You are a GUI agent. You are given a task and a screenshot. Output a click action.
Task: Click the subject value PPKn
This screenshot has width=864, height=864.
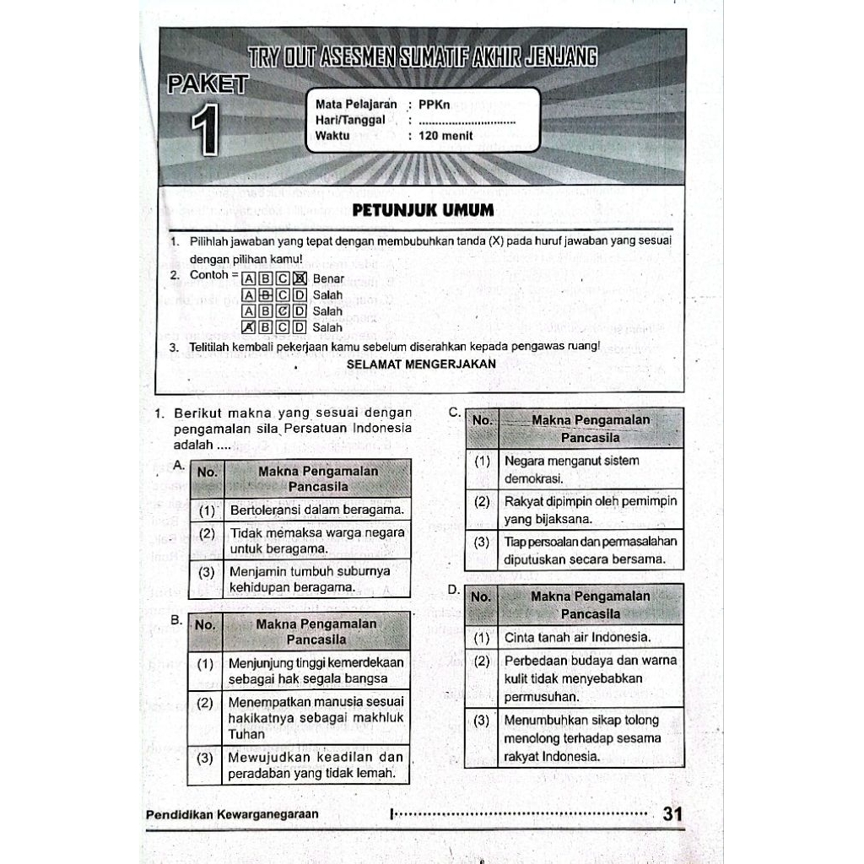coord(435,105)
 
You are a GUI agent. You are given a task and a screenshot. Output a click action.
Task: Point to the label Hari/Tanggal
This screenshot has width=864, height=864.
coord(350,121)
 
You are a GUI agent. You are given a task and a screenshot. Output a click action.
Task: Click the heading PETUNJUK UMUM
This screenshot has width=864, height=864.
coord(423,209)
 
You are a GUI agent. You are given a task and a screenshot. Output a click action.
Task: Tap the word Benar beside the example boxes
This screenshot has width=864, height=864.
coord(328,278)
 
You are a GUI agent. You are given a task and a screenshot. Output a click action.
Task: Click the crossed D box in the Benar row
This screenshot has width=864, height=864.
coord(299,278)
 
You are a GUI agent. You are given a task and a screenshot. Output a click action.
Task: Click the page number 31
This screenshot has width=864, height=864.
coord(672,815)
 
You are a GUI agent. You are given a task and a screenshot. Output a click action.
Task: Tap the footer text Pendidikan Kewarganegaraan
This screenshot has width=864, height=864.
coord(232,815)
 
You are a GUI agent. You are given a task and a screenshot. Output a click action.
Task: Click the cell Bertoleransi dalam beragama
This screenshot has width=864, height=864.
coord(316,510)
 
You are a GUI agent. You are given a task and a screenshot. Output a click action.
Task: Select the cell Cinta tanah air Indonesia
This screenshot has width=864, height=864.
coord(577,637)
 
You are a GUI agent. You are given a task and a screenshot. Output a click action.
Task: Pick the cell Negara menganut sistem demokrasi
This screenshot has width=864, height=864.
coord(571,469)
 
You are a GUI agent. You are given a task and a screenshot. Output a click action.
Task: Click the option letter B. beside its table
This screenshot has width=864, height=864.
coord(176,620)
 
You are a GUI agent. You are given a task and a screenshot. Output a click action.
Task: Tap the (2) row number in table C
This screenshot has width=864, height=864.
coord(482,501)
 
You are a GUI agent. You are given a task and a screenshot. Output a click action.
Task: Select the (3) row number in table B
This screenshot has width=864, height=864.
coord(205,758)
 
